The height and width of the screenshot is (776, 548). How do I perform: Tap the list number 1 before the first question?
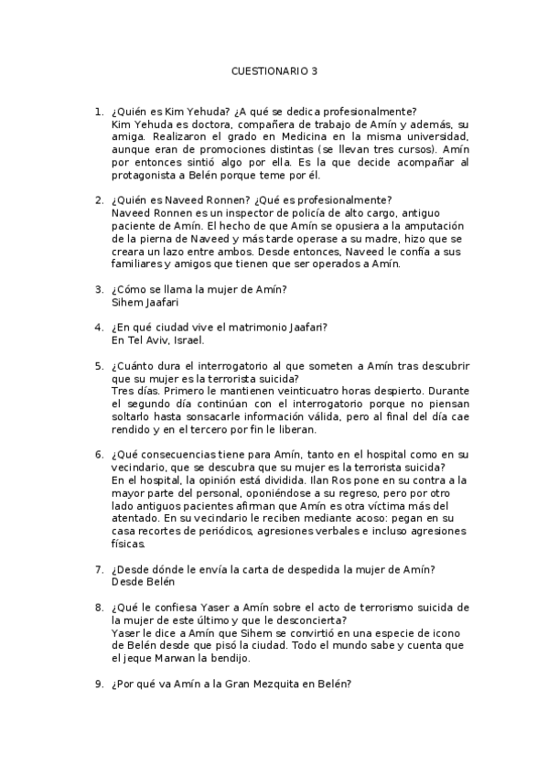[x=98, y=112]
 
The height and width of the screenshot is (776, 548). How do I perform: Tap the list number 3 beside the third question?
[x=98, y=289]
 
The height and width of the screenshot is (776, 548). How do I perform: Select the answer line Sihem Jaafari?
[x=145, y=302]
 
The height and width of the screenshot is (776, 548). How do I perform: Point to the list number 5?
[x=98, y=366]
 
